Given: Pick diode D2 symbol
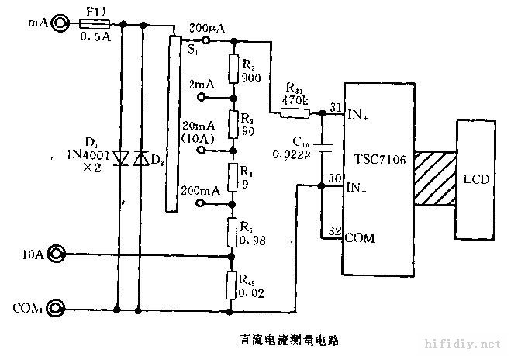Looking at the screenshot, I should tap(140, 157).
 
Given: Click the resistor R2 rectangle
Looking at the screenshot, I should tap(232, 67).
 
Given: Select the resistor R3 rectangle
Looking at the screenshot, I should tap(232, 123).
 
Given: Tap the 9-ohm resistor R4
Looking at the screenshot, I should tap(232, 177).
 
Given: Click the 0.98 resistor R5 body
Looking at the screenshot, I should tap(232, 230).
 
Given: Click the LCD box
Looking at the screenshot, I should tap(475, 178).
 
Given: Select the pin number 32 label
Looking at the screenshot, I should tap(335, 230).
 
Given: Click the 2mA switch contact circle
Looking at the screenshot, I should tap(203, 99).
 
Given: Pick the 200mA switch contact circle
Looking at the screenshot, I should tap(203, 203).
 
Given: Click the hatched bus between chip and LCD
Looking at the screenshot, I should tap(435, 178).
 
